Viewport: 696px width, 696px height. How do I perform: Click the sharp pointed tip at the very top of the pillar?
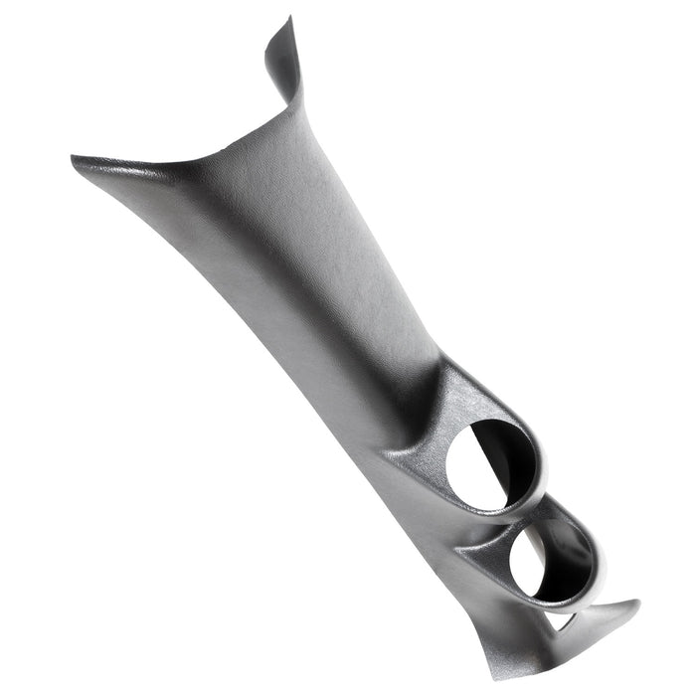[x=289, y=17]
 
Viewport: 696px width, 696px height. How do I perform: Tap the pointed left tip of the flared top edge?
[x=76, y=158]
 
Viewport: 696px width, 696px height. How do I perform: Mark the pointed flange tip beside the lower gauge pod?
[x=636, y=603]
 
